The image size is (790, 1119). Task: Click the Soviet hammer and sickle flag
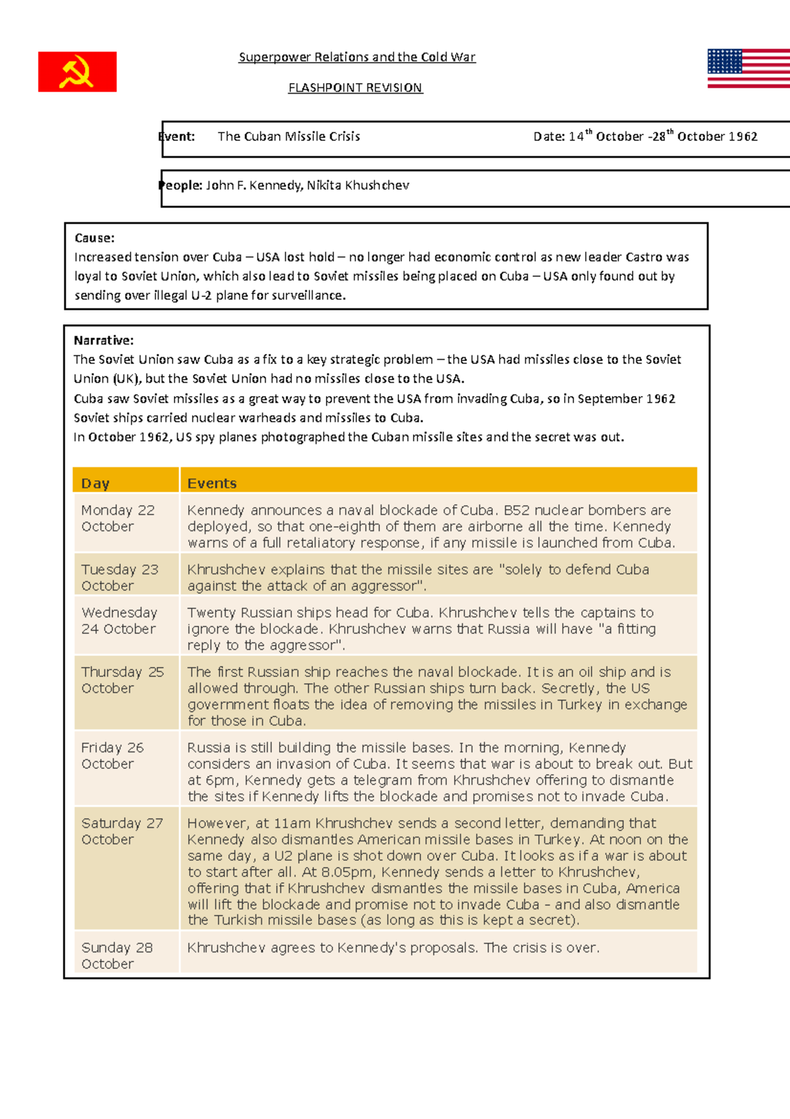[x=77, y=72]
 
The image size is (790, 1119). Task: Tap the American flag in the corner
[x=749, y=68]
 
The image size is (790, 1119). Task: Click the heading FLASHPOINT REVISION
[x=355, y=88]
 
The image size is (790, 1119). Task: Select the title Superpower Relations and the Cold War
[x=357, y=57]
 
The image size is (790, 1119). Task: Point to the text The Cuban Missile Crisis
[x=288, y=136]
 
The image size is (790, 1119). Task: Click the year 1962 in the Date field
[x=743, y=136]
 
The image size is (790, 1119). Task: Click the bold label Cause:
[x=94, y=238]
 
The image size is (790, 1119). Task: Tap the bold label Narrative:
[x=103, y=341]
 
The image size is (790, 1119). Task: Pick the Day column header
[x=95, y=483]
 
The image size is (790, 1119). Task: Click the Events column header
[x=211, y=483]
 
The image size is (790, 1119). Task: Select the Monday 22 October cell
[x=118, y=518]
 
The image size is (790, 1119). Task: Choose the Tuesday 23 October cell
[x=119, y=577]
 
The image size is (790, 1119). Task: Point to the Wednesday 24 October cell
[x=119, y=620]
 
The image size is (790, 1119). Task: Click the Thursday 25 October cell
[x=122, y=679]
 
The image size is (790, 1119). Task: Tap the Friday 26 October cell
[x=112, y=755]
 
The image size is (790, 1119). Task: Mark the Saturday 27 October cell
[x=121, y=831]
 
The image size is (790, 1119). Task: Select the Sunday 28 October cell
[x=117, y=956]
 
